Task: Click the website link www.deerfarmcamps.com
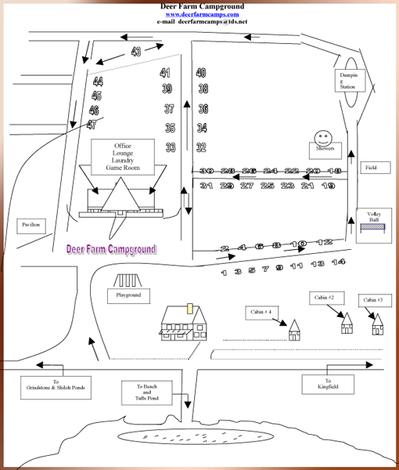point(202,14)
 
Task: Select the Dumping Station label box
point(347,80)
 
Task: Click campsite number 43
point(136,52)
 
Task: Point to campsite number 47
point(92,125)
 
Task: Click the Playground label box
point(128,295)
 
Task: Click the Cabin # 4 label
point(261,312)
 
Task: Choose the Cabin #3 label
point(372,300)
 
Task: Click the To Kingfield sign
point(327,384)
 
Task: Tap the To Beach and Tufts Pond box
point(146,392)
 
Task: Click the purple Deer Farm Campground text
point(111,249)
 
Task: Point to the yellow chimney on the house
point(189,308)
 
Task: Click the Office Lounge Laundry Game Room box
point(123,156)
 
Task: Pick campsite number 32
point(201,147)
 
